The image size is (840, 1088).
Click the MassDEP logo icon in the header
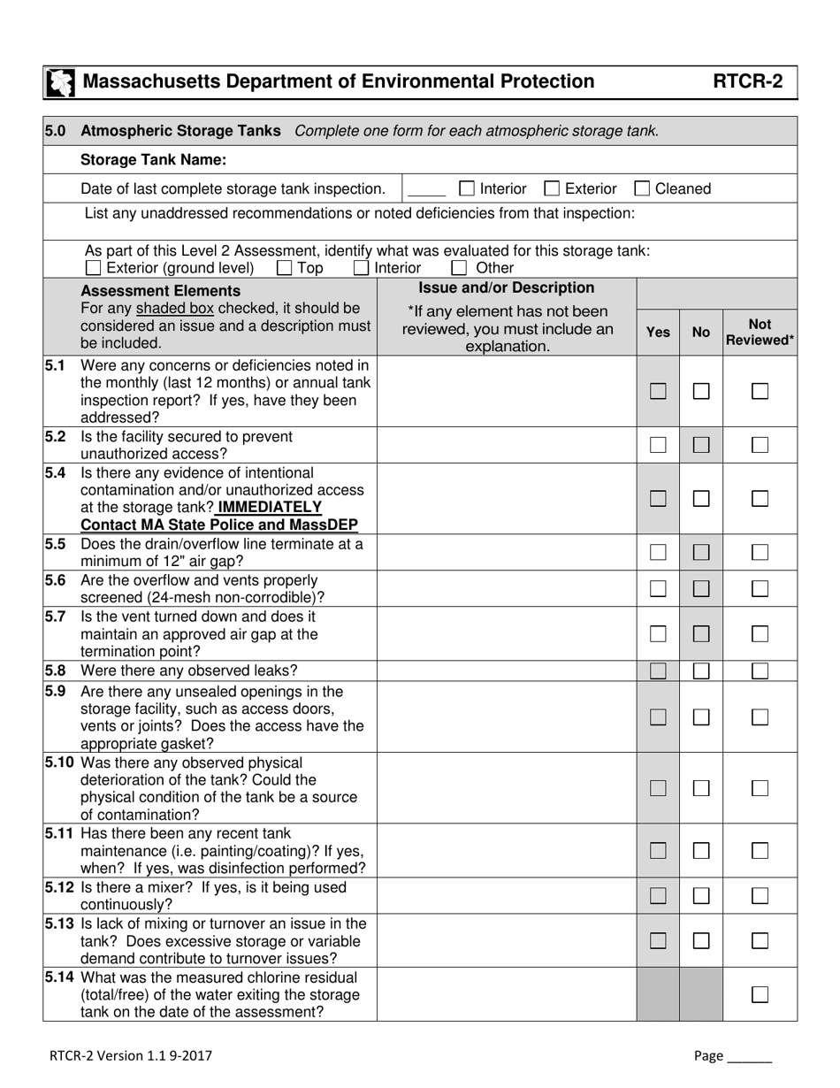click(59, 82)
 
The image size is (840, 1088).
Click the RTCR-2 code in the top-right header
click(748, 82)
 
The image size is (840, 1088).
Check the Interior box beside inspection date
click(468, 188)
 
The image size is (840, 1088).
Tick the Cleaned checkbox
click(643, 188)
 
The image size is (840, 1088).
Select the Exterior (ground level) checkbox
click(93, 268)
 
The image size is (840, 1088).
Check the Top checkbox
click(285, 268)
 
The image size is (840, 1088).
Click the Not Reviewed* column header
click(760, 332)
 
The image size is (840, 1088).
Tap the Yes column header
click(658, 333)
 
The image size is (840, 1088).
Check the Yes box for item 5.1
click(658, 391)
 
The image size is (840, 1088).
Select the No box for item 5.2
click(701, 445)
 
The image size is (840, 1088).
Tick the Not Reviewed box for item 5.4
click(760, 499)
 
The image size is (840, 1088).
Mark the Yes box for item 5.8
click(658, 670)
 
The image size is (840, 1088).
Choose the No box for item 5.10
click(701, 787)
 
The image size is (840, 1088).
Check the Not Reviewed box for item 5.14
click(760, 994)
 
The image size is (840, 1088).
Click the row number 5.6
click(56, 580)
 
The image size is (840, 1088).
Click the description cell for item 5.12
click(507, 895)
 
